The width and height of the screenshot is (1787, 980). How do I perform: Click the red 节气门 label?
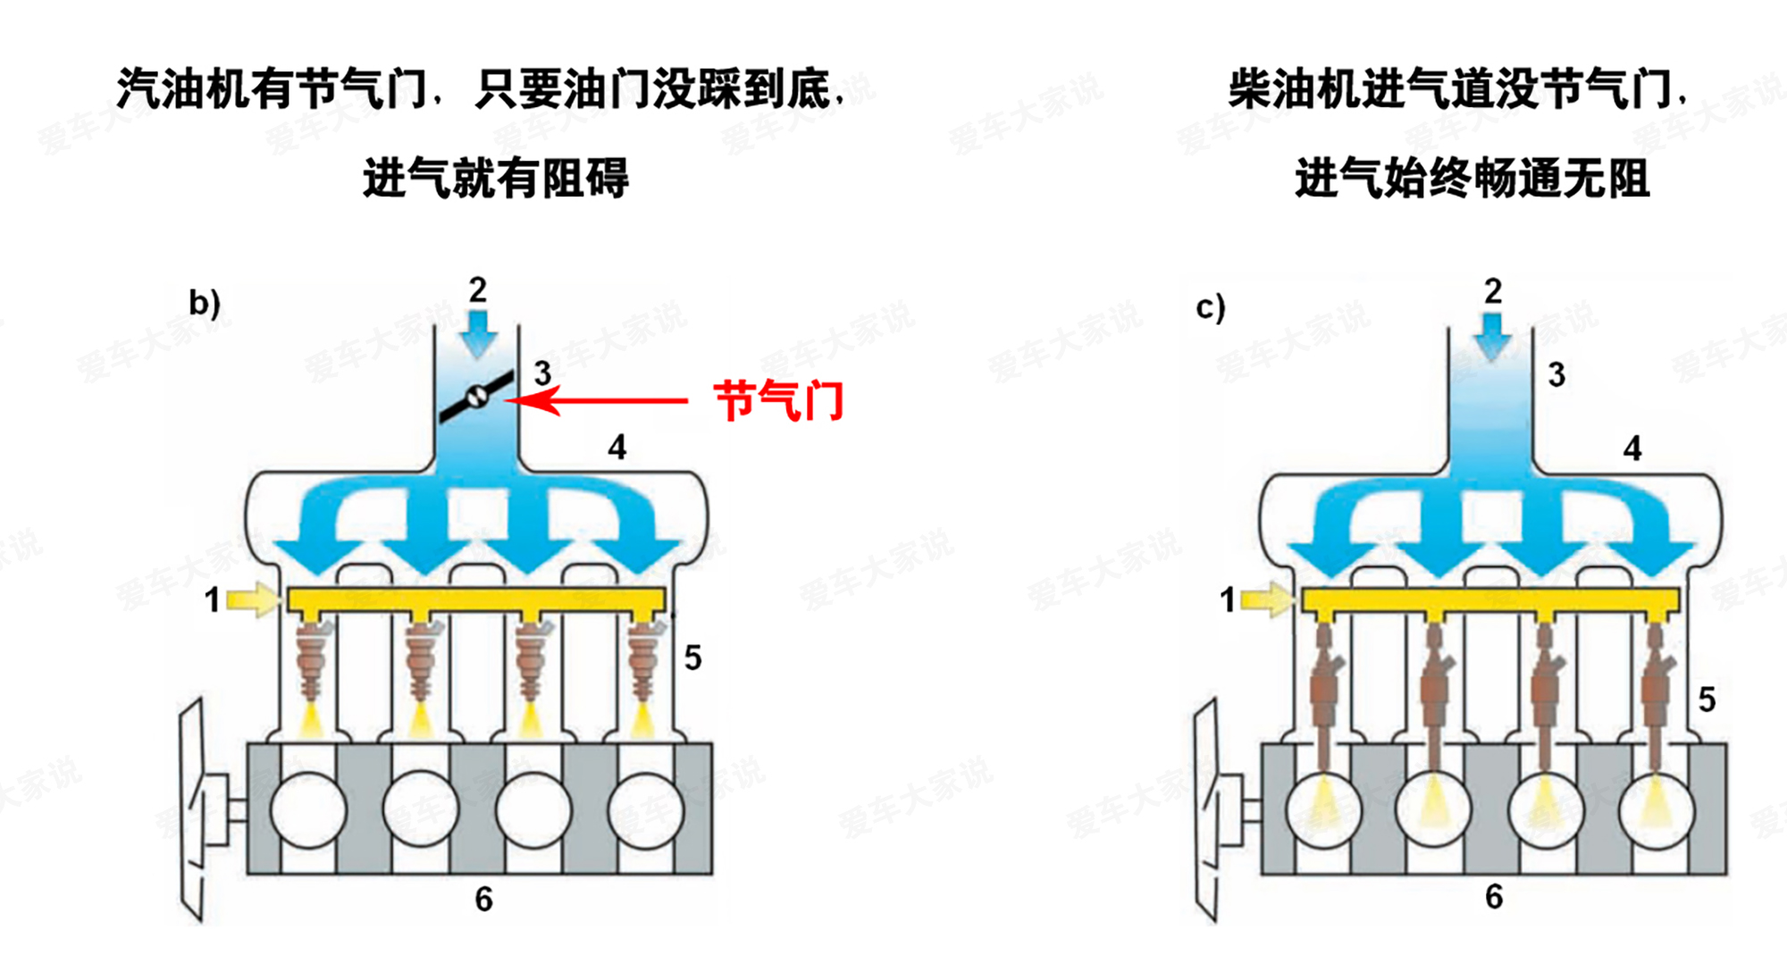(x=778, y=400)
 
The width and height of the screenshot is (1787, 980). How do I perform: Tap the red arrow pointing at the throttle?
(x=597, y=399)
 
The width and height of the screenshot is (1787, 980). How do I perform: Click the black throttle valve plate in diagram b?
(x=476, y=396)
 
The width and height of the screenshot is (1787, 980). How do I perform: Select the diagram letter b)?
(x=205, y=303)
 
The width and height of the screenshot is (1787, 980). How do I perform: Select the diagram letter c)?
(x=1211, y=307)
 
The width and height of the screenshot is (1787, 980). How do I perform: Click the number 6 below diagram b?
(x=483, y=899)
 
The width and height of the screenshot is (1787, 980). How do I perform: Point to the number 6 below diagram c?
(x=1494, y=896)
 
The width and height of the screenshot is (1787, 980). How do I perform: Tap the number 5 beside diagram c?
(x=1707, y=699)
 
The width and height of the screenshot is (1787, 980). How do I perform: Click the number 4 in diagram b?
(x=617, y=447)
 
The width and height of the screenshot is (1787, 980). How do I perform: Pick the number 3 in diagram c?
(x=1556, y=374)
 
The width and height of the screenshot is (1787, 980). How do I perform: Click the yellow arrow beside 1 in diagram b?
(x=254, y=599)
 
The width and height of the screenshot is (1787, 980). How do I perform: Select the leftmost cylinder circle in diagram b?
(x=308, y=809)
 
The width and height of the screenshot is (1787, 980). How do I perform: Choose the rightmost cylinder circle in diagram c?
(x=1657, y=809)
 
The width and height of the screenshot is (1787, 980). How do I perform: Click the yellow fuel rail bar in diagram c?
(x=1490, y=602)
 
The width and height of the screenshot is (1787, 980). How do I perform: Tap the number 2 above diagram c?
(x=1493, y=291)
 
